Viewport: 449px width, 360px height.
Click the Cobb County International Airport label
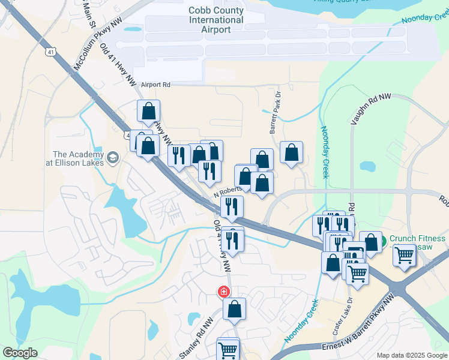(216, 20)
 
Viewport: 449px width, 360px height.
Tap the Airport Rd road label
(156, 85)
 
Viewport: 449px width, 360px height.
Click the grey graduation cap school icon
(113, 158)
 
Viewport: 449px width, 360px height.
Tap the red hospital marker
(223, 292)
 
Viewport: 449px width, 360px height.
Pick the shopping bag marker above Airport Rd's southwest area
(148, 111)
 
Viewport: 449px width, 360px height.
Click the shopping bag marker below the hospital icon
(235, 309)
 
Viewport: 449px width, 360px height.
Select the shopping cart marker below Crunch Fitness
(405, 255)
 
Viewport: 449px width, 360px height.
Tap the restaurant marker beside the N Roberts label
(231, 207)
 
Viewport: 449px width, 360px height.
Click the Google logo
(20, 353)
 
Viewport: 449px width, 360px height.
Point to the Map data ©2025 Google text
(412, 355)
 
